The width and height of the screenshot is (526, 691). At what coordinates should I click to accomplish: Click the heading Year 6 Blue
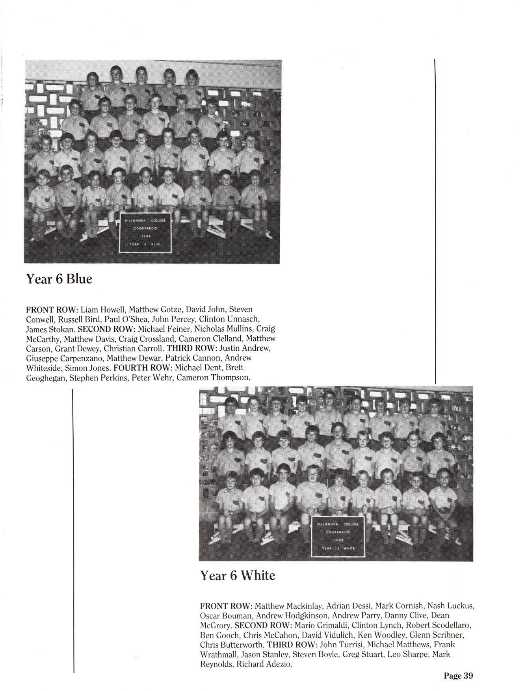point(59,279)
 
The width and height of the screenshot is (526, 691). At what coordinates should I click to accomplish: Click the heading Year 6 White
point(238,576)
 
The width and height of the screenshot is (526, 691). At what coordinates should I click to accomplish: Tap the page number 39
point(458,676)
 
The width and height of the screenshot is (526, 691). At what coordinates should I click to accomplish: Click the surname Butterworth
point(240,645)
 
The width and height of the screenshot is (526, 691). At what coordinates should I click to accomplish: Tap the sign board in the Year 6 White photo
point(338,537)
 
